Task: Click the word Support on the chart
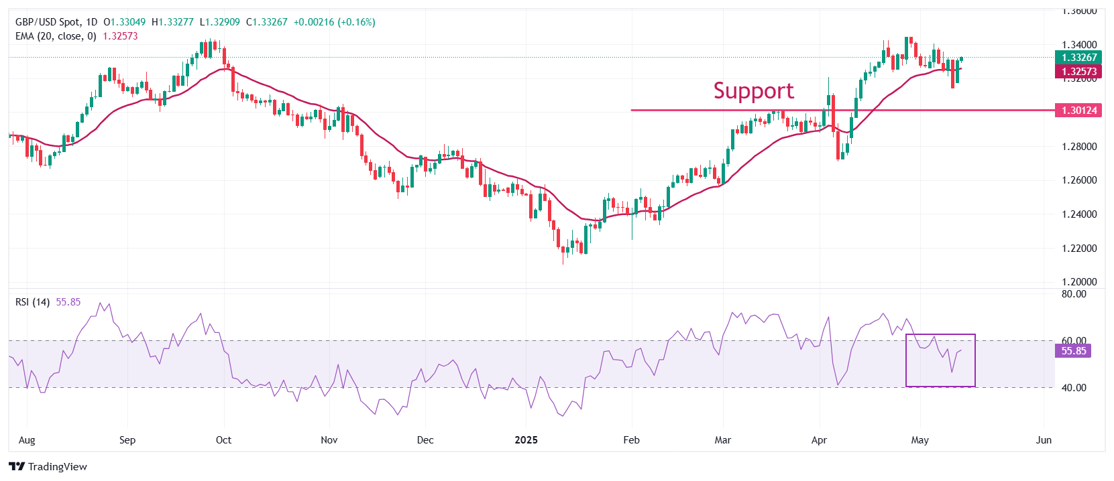click(x=753, y=90)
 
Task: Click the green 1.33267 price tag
click(x=1078, y=58)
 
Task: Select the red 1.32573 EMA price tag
click(x=1078, y=72)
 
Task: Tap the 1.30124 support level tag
click(x=1078, y=111)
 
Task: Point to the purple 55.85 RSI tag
click(x=1073, y=351)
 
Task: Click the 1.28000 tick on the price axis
click(x=1079, y=147)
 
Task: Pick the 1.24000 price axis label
click(x=1079, y=214)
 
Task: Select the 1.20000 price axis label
click(x=1079, y=282)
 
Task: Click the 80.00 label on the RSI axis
click(x=1074, y=294)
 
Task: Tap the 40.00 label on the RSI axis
click(x=1074, y=388)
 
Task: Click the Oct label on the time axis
click(x=223, y=440)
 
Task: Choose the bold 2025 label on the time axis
click(x=526, y=440)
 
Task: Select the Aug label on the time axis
click(x=27, y=440)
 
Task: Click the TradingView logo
click(x=48, y=466)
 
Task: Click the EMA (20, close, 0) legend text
click(x=56, y=36)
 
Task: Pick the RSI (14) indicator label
click(x=32, y=302)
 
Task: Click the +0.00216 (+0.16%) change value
click(x=335, y=22)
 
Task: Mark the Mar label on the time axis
click(x=722, y=440)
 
